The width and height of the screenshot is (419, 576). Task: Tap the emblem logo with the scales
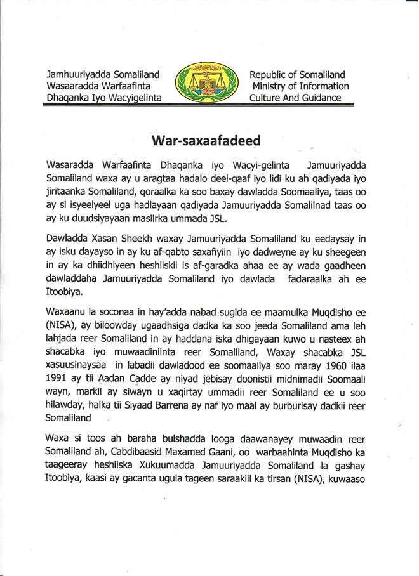click(205, 83)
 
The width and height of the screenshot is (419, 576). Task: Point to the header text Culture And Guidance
click(295, 98)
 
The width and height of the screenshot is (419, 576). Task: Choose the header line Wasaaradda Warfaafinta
click(98, 86)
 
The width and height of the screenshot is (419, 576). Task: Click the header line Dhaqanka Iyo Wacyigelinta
click(104, 98)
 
